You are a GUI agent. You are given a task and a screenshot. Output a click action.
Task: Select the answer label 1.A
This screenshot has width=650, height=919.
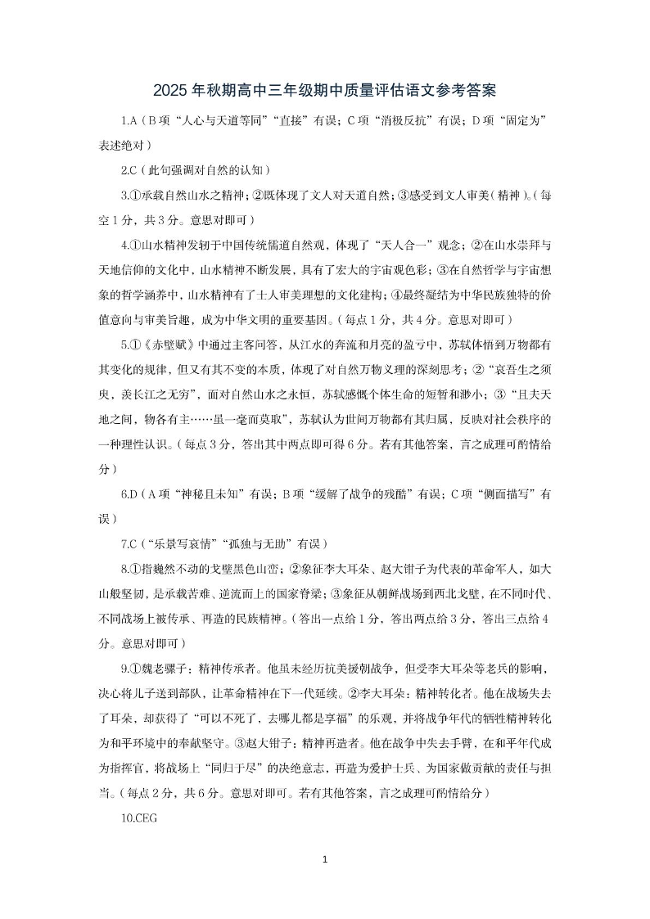point(128,120)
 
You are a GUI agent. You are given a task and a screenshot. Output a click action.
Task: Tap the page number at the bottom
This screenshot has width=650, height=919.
point(325,859)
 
